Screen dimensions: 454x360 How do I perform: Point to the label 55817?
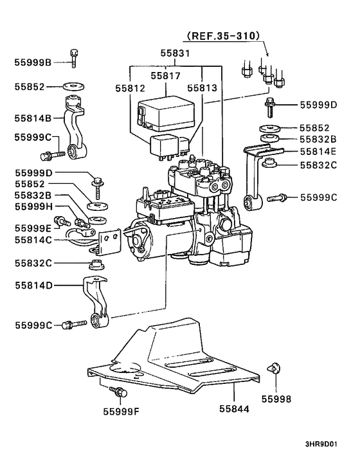tap(166, 75)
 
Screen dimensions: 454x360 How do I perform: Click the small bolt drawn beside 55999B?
tap(74, 57)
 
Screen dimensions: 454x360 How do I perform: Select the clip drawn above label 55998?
tap(273, 367)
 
